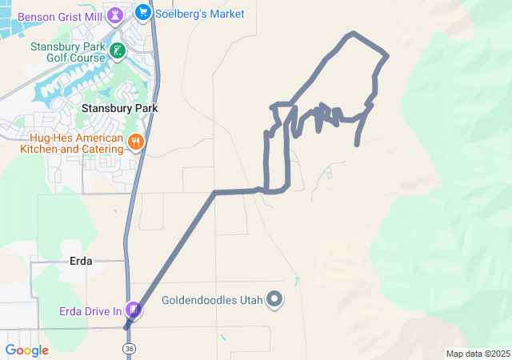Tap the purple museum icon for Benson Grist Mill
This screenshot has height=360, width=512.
coord(116,15)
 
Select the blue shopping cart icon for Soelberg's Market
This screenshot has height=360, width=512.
coord(143,12)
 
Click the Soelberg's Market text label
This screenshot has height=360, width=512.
coord(201,14)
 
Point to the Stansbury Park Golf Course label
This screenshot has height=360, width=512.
coord(68,52)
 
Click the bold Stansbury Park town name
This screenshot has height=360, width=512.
coord(119,107)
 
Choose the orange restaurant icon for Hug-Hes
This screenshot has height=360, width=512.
coord(135,142)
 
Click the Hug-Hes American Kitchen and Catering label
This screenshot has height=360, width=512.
coord(73,142)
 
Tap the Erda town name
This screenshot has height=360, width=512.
coord(81,261)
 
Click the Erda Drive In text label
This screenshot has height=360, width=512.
coord(89,310)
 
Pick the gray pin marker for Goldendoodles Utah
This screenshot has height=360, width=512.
coord(275,301)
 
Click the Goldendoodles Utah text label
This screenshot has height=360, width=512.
coord(213,301)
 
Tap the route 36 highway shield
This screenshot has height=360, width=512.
coord(129,349)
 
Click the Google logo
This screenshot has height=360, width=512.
coord(26,350)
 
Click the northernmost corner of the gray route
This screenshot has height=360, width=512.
coord(352,34)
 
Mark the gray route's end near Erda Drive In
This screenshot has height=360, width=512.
coord(126,327)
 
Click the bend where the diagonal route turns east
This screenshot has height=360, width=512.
coord(214,193)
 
